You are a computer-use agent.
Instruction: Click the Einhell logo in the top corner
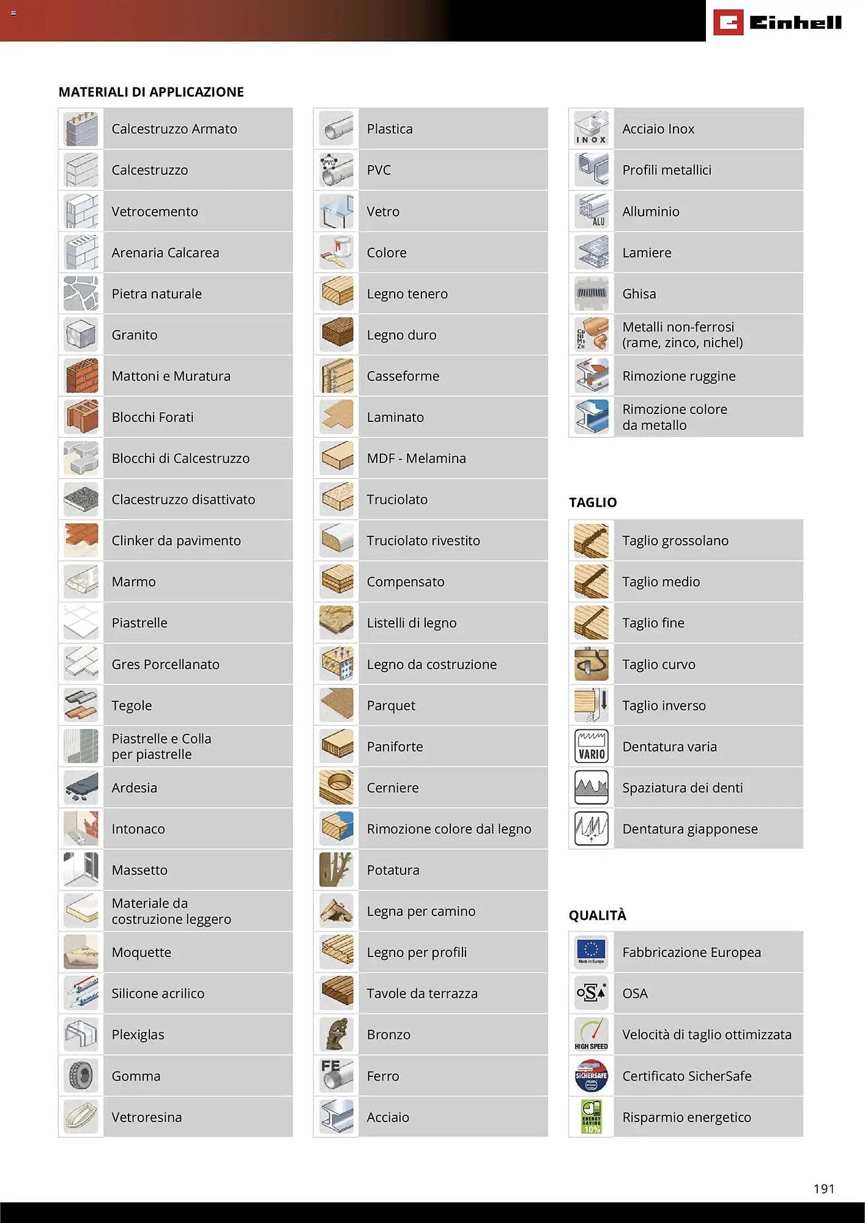(777, 23)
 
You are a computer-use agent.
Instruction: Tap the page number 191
(823, 1188)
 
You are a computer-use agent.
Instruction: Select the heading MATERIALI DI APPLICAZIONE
(151, 92)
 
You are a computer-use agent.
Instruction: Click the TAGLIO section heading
(592, 502)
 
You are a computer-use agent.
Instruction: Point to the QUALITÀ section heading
(597, 915)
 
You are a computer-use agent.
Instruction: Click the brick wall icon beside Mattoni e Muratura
(81, 375)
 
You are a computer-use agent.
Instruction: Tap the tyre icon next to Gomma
(81, 1075)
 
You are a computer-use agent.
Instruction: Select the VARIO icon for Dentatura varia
(591, 746)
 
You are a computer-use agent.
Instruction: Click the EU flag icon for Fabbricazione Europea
(591, 951)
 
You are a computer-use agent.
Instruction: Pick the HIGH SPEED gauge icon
(591, 1034)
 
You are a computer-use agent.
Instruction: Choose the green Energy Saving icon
(591, 1116)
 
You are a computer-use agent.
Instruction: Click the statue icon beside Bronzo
(336, 1034)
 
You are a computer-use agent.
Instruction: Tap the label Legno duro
(401, 335)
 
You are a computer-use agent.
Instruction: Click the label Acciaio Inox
(658, 129)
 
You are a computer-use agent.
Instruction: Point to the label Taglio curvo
(658, 664)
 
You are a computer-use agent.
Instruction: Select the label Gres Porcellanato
(165, 664)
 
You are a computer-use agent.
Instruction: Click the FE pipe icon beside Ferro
(336, 1075)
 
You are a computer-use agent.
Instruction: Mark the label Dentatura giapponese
(689, 829)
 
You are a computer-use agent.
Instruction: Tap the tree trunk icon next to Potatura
(336, 870)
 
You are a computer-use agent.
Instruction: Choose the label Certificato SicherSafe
(686, 1076)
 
